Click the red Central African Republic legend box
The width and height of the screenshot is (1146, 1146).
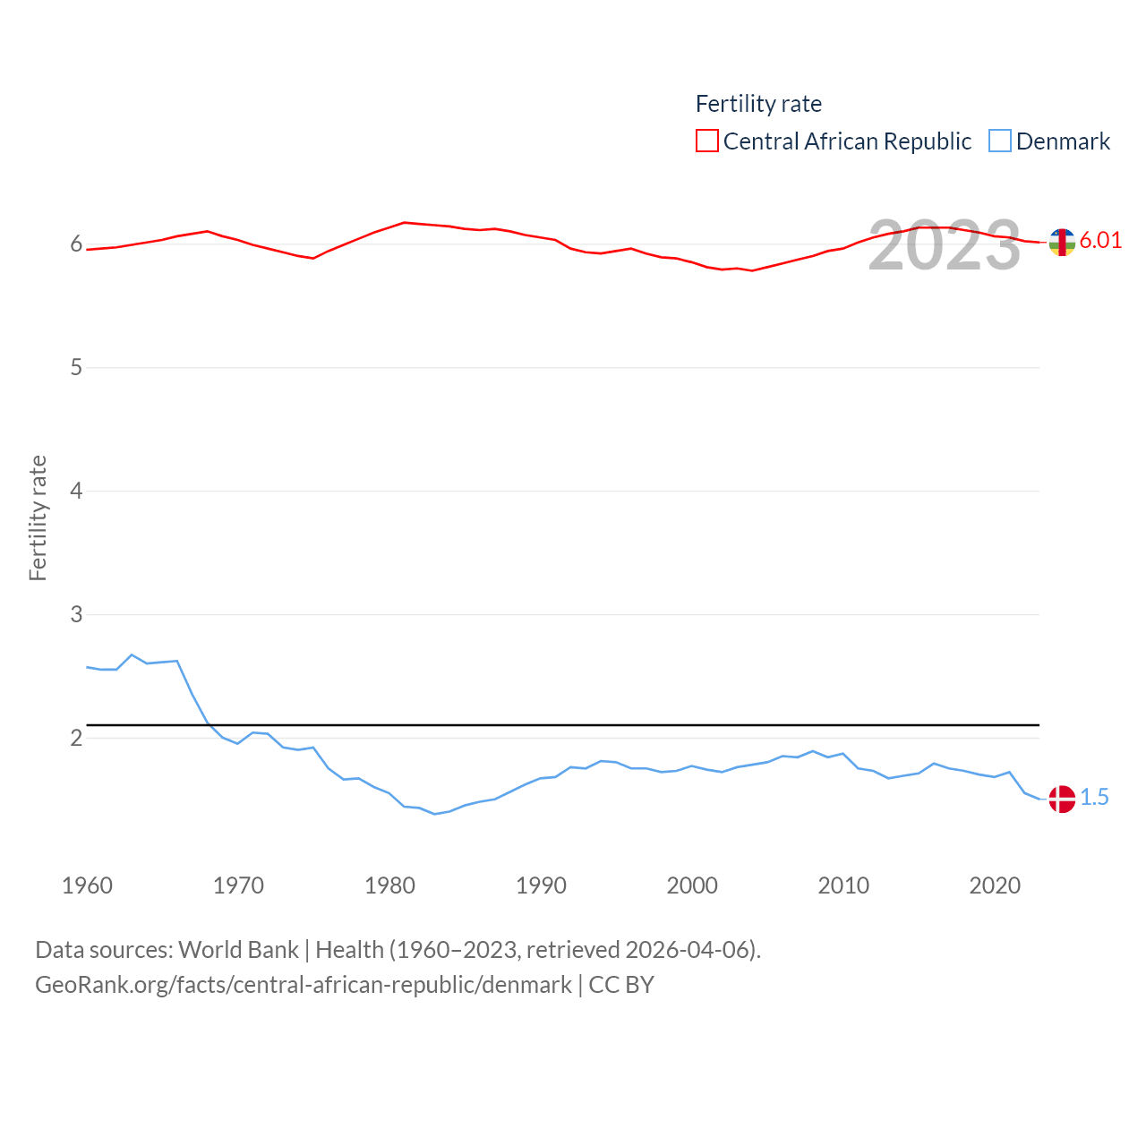tap(706, 141)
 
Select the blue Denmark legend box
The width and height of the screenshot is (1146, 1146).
tap(999, 141)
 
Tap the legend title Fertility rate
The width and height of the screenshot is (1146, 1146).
tap(758, 104)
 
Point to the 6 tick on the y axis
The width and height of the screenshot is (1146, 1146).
tap(76, 244)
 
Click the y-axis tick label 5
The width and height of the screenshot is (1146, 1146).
tap(76, 367)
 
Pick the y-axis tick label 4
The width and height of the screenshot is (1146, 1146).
tap(76, 491)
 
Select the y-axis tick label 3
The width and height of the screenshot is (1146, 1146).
tap(76, 614)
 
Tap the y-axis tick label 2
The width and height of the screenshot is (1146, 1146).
tap(76, 738)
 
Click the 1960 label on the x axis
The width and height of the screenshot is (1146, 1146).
tap(87, 885)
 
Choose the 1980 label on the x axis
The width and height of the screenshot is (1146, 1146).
tap(389, 885)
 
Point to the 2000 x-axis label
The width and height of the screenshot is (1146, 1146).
tap(692, 885)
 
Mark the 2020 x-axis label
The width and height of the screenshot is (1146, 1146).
tap(995, 885)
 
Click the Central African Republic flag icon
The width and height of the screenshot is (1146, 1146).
tap(1062, 242)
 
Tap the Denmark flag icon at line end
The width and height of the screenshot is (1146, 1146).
tap(1062, 799)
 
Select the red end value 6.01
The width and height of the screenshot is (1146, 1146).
tap(1100, 240)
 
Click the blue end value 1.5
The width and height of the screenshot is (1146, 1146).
tap(1094, 797)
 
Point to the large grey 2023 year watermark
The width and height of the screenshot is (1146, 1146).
tap(944, 245)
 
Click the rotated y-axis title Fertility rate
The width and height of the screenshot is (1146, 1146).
tap(38, 517)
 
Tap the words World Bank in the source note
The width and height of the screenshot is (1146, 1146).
tap(238, 949)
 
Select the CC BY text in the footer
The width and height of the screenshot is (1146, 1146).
tap(621, 985)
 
